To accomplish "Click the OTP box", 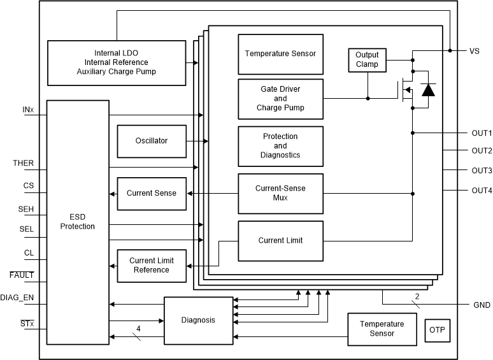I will pos(436,329).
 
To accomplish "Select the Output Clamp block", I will pos(367,59).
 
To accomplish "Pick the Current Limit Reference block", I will pos(151,265).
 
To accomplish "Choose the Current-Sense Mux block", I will pos(280,193).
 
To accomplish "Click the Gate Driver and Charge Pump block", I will pos(280,99).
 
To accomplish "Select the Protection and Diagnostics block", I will pos(280,146).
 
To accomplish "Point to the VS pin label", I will pos(475,51).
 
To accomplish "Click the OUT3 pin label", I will pos(482,171).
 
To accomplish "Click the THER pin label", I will pos(23,163).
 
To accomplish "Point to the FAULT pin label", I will pos(22,275).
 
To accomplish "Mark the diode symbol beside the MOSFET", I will pos(429,90).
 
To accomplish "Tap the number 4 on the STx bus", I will pos(138,329).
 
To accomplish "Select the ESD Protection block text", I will pos(77,222).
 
